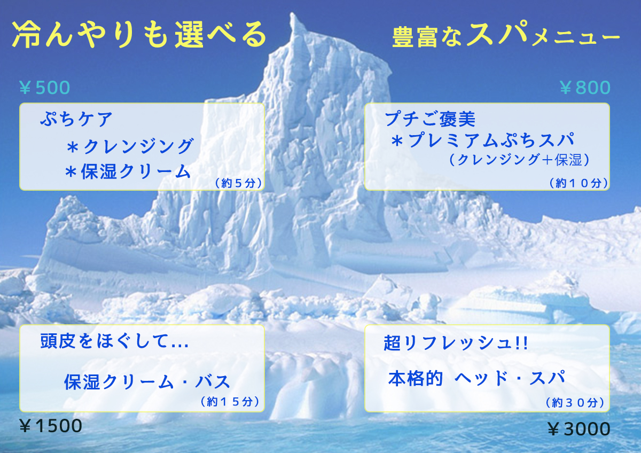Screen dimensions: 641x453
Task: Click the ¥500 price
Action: (x=45, y=87)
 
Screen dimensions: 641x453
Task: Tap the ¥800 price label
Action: (x=585, y=87)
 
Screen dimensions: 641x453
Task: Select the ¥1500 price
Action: (x=51, y=426)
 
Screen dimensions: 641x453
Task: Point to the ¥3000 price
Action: (x=579, y=428)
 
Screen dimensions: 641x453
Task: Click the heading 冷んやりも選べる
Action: (x=139, y=34)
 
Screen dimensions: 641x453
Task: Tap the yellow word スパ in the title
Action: (x=498, y=33)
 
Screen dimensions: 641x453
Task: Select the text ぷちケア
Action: (x=76, y=119)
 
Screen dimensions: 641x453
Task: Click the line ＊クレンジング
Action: (x=130, y=146)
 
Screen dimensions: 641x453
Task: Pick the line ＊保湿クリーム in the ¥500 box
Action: (x=128, y=171)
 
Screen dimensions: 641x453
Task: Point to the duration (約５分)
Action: (x=238, y=183)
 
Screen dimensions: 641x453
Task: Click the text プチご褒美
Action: (x=430, y=119)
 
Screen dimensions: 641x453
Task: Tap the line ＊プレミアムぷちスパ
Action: (x=483, y=140)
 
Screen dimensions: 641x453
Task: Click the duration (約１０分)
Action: (x=579, y=183)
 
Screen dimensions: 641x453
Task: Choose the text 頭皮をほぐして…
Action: (x=114, y=341)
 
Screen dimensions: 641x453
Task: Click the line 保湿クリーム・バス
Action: (x=147, y=381)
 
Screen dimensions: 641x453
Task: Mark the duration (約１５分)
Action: (x=230, y=402)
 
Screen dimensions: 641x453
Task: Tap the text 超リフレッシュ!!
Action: (x=456, y=342)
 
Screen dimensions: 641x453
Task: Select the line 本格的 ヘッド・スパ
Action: (x=476, y=378)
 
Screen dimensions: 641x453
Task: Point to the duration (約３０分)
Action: (x=575, y=403)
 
